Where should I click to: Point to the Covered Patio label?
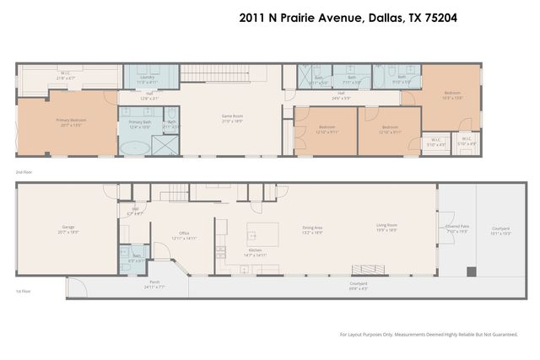[456, 228]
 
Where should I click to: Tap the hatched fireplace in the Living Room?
[364, 271]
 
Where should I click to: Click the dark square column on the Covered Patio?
[472, 271]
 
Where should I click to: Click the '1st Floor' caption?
[24, 292]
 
